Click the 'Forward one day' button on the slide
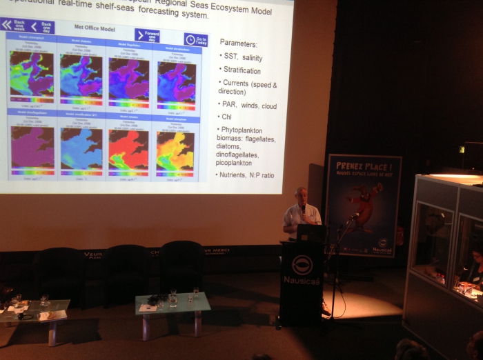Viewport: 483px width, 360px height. pyautogui.click(x=147, y=35)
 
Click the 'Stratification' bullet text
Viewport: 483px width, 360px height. pyautogui.click(x=241, y=70)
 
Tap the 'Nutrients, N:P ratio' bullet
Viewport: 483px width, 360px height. pyautogui.click(x=247, y=175)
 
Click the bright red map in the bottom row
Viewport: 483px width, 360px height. pyautogui.click(x=128, y=150)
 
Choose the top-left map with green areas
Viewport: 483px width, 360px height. pyautogui.click(x=31, y=73)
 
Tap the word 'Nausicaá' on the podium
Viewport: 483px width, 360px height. pyautogui.click(x=301, y=279)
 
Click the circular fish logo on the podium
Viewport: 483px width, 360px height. pyautogui.click(x=302, y=264)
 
